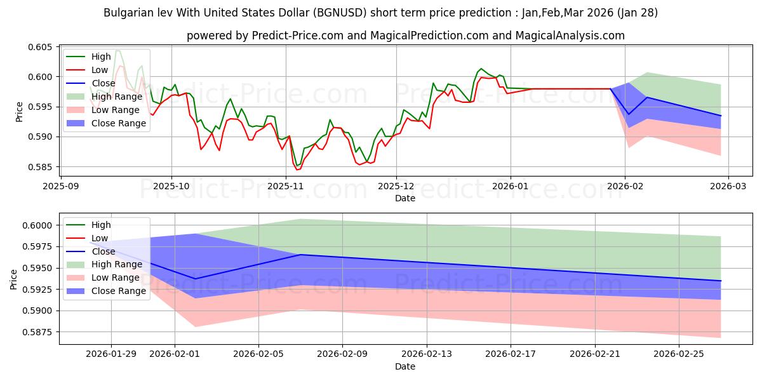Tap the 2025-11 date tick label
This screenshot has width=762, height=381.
click(286, 186)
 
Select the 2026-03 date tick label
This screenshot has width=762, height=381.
click(728, 186)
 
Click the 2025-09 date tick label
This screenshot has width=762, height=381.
click(61, 186)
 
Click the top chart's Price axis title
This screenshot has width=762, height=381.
click(19, 111)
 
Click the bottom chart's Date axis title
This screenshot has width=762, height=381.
click(404, 366)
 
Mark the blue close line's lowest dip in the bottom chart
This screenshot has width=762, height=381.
click(195, 279)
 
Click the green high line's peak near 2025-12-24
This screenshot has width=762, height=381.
click(481, 69)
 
